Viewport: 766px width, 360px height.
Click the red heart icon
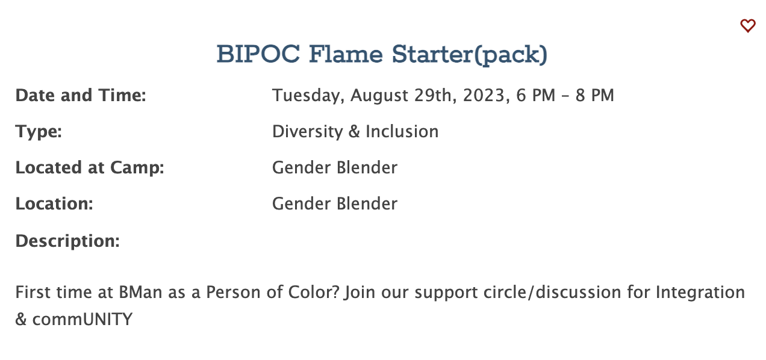tap(747, 26)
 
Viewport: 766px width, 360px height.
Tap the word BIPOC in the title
tap(258, 54)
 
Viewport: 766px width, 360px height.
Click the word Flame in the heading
tap(346, 54)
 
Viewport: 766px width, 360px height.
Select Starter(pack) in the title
tap(470, 55)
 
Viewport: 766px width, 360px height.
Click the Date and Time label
tap(81, 95)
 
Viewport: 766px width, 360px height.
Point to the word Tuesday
tap(308, 95)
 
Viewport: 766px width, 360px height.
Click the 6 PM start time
tap(535, 95)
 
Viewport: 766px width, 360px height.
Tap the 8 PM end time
tap(595, 95)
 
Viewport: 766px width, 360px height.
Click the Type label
tap(39, 132)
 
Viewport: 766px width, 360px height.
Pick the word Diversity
tap(308, 132)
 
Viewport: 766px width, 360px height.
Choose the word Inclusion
tap(402, 132)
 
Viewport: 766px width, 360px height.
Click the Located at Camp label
tap(90, 168)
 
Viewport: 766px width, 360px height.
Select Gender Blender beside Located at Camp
tap(335, 167)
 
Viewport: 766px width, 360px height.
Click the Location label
tap(54, 203)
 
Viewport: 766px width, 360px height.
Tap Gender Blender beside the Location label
tap(335, 203)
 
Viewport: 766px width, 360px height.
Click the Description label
tap(67, 241)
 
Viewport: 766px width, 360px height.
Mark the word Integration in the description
tap(700, 293)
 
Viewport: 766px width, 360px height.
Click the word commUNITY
tap(82, 319)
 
